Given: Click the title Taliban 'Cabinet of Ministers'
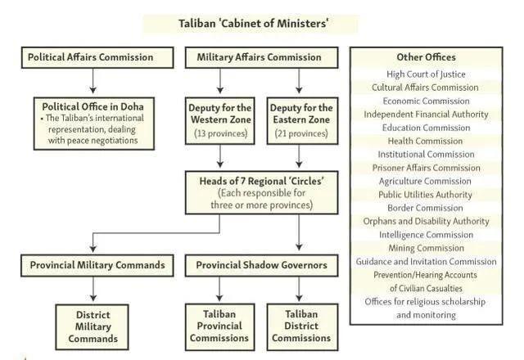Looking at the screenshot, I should (254, 23).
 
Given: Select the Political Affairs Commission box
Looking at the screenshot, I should (97, 57).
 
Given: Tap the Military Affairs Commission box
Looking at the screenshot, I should (260, 57).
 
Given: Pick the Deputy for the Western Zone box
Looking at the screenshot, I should (219, 119).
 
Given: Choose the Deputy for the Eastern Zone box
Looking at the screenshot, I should (301, 119).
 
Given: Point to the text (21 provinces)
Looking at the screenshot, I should (301, 133).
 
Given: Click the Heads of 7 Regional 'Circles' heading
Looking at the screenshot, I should (260, 181).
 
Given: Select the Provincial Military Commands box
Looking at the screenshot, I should (97, 265).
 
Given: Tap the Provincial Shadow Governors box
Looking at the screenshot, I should (260, 265).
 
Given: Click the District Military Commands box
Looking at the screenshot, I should (93, 326).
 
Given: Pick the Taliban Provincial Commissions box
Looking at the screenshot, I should (219, 326).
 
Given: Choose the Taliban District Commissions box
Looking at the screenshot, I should (301, 326).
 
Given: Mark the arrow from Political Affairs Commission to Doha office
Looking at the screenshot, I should (94, 81).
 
